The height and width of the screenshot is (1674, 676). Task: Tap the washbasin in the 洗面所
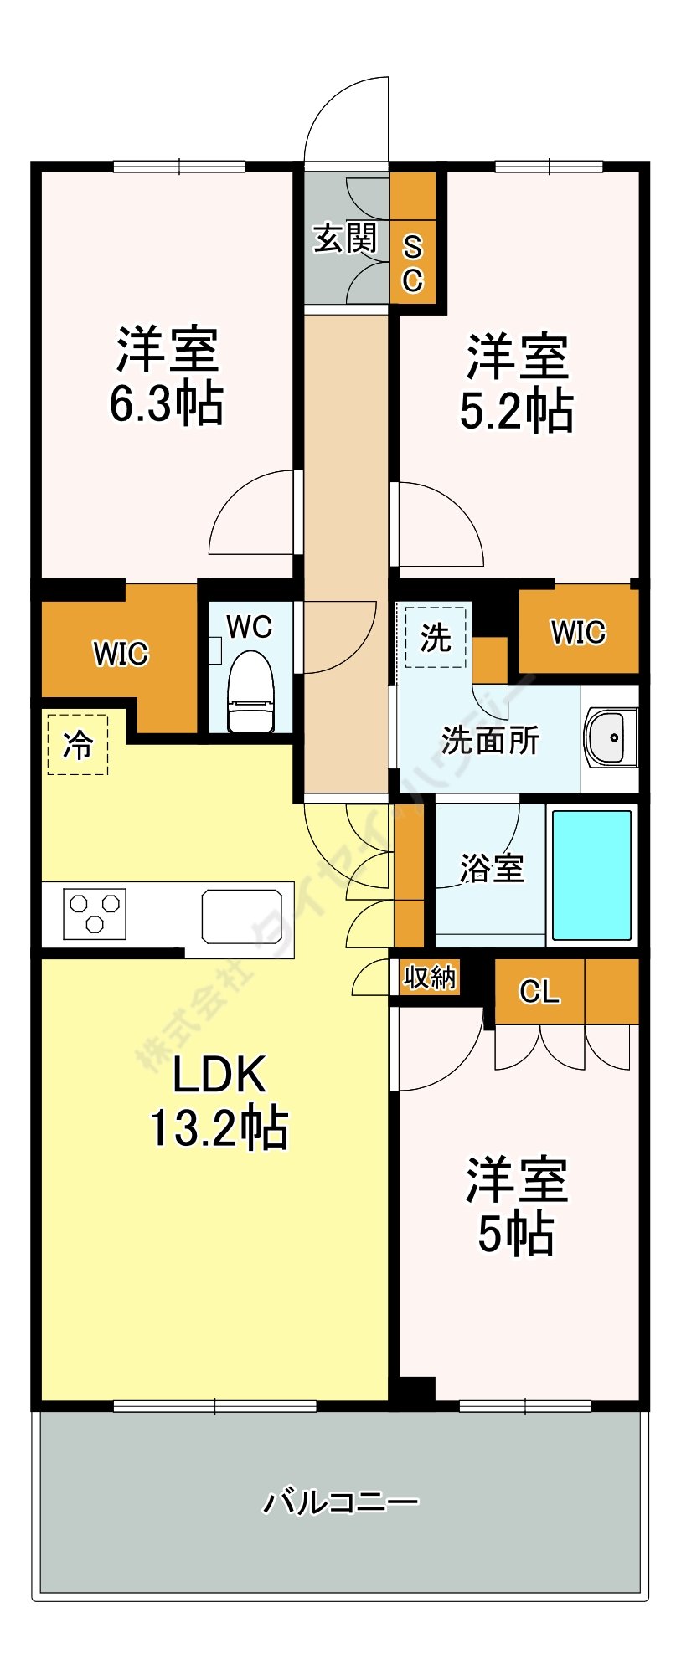[x=611, y=737]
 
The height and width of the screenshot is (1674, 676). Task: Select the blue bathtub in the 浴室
[x=591, y=875]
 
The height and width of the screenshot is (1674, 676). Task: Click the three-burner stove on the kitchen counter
[x=95, y=913]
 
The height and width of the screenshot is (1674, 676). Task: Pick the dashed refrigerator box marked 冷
[x=78, y=744]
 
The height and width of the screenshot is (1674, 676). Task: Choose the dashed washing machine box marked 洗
[x=435, y=638]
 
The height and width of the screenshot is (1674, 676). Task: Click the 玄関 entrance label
[x=345, y=239]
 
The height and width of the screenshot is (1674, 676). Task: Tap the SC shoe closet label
[x=412, y=264]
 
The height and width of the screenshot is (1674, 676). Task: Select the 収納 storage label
[x=430, y=977]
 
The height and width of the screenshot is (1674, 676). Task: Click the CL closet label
[x=539, y=992]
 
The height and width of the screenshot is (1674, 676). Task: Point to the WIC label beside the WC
[x=121, y=654]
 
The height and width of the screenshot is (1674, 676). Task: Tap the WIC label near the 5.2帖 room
[x=578, y=632]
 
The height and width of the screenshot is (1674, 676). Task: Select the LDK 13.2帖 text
[x=219, y=1101]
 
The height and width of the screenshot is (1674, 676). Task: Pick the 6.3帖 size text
[x=166, y=403]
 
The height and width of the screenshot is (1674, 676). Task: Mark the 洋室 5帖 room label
[x=516, y=1206]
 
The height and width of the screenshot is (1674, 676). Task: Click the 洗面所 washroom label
[x=490, y=740]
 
